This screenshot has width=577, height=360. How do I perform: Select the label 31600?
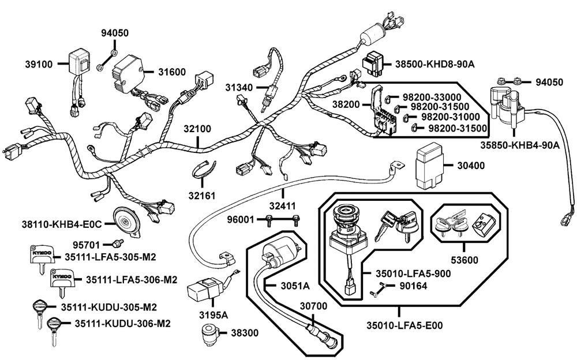coord(172,72)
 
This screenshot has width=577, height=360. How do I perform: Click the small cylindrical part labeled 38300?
coord(210,334)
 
